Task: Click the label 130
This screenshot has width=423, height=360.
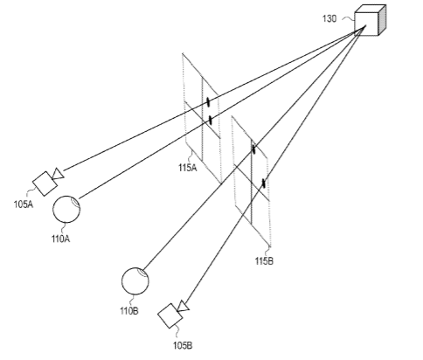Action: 329,18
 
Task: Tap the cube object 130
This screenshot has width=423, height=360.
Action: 370,20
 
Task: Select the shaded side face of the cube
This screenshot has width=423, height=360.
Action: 382,19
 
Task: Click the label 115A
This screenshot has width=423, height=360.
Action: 188,168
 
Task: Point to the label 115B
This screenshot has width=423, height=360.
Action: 264,261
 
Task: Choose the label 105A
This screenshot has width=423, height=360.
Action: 24,204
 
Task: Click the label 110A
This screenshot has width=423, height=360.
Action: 61,239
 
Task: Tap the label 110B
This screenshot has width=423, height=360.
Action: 129,311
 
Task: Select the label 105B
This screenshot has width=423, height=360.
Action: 183,346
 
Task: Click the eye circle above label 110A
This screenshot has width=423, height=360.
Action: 66,209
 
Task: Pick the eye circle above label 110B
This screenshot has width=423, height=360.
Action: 135,281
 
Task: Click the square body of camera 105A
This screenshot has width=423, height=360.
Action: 45,183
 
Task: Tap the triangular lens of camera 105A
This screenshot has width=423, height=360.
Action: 58,174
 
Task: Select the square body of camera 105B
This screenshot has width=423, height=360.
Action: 170,316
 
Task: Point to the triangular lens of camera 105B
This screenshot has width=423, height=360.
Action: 184,306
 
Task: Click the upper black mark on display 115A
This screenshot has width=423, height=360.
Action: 208,102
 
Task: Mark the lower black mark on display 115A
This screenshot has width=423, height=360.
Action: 210,120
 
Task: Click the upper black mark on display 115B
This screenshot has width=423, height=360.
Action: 253,149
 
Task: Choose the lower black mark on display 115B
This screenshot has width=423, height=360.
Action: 264,183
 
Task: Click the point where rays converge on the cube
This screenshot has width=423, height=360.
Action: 364,26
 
